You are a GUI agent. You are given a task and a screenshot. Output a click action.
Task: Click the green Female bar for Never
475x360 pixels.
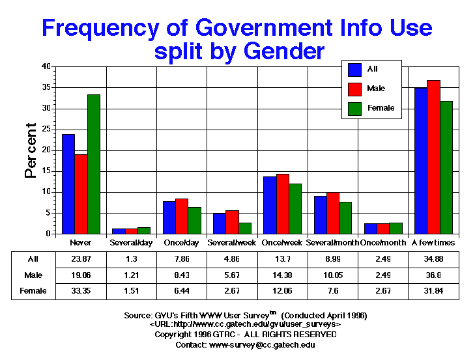[94, 164]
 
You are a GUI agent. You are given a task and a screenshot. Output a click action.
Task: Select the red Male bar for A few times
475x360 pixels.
[434, 157]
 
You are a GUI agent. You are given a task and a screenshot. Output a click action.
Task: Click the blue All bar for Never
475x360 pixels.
[68, 184]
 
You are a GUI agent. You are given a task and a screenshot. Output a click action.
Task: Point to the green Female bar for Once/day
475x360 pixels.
[194, 220]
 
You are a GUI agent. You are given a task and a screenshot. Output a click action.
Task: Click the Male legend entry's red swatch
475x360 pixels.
[355, 89]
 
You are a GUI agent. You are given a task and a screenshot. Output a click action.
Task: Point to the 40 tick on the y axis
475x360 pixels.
[46, 66]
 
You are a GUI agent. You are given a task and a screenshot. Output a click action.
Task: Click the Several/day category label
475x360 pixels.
[131, 242]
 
